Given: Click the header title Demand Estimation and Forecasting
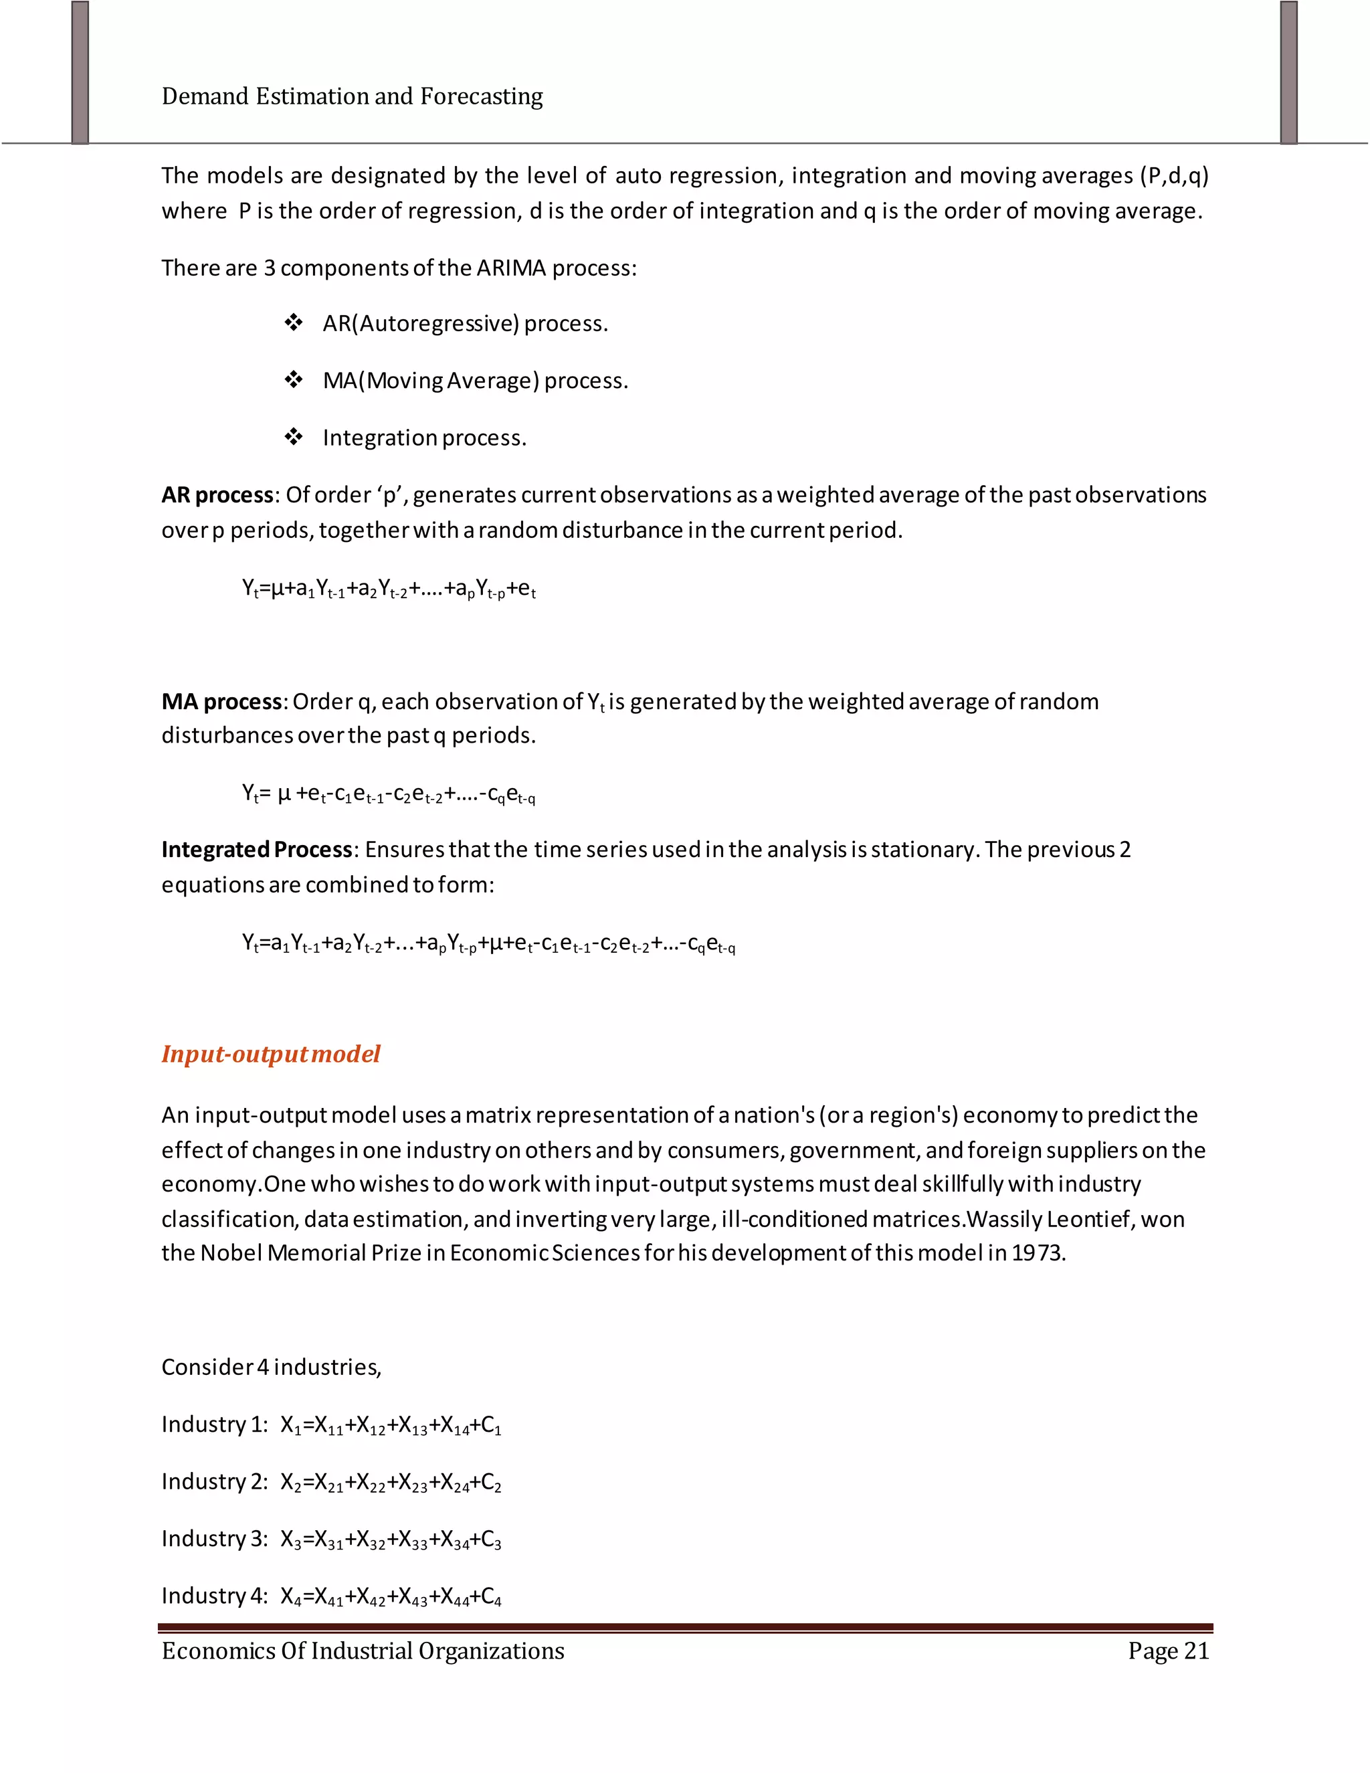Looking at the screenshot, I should pyautogui.click(x=353, y=96).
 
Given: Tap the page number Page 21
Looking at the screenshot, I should pyautogui.click(x=1168, y=1651).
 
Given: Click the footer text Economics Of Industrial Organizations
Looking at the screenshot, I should pyautogui.click(x=363, y=1651).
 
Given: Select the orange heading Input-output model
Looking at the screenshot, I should pyautogui.click(x=270, y=1054).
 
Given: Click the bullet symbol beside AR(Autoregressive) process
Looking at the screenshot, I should pyautogui.click(x=294, y=323).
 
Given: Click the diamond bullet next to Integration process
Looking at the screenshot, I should pyautogui.click(x=294, y=438).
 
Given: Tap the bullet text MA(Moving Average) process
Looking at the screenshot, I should pyautogui.click(x=475, y=381).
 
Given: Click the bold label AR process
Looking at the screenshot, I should pyautogui.click(x=217, y=495).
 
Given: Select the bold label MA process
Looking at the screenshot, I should pyautogui.click(x=221, y=701).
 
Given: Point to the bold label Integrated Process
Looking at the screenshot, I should pyautogui.click(x=256, y=849).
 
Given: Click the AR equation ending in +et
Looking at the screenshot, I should pyautogui.click(x=389, y=589).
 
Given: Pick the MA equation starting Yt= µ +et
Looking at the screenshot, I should pyautogui.click(x=389, y=795).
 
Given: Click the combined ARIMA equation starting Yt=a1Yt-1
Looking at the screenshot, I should pyautogui.click(x=488, y=944).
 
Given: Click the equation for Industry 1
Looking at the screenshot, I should pyautogui.click(x=391, y=1426).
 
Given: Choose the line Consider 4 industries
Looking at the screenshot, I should pyautogui.click(x=271, y=1367).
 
